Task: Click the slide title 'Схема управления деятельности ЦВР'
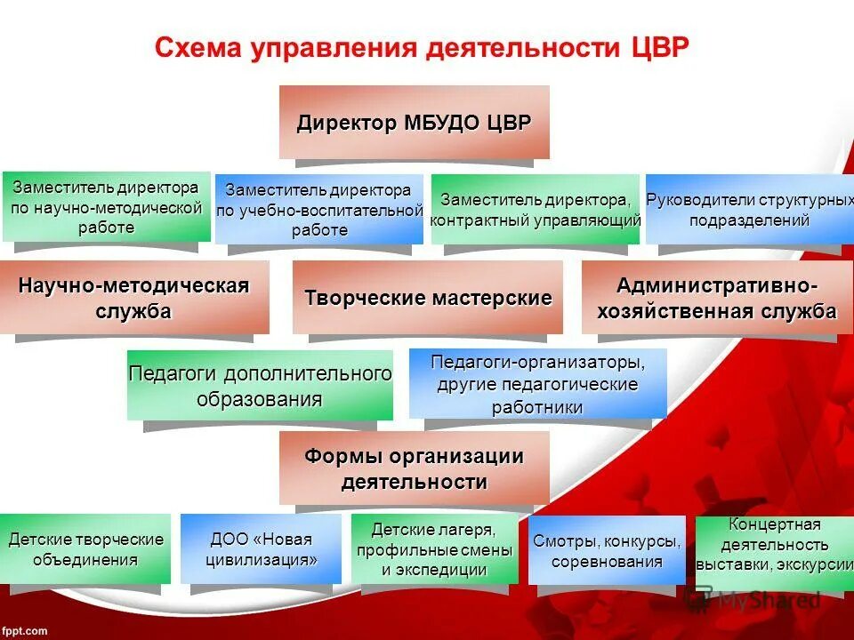coord(421,48)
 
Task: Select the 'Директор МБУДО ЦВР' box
coord(415,123)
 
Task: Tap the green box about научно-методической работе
coord(106,207)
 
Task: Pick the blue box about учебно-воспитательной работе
coord(319,210)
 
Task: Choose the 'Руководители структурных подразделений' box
coord(749,210)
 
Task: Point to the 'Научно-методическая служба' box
coord(134,298)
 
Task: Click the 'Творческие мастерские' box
coord(428,298)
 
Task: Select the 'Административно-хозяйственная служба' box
coord(717,298)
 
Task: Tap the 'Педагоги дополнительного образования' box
coord(260,386)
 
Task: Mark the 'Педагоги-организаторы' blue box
coord(537,384)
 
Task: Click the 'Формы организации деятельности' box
coord(415,468)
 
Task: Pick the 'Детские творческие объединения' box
coord(85,549)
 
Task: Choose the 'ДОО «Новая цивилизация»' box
coord(261,549)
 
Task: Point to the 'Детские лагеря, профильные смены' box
coord(435,549)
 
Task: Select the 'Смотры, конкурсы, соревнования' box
coord(607,551)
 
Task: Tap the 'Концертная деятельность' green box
coord(774,545)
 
